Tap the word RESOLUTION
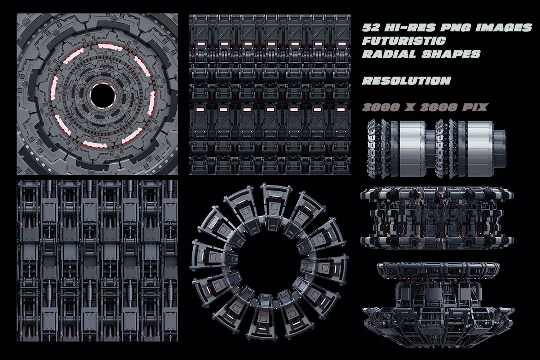406,81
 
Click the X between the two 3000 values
410,107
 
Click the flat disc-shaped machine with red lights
436,216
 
